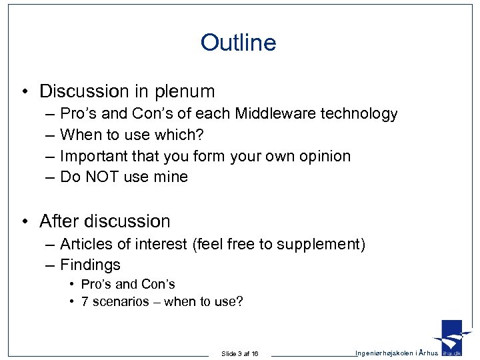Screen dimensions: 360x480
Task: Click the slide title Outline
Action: pyautogui.click(x=238, y=43)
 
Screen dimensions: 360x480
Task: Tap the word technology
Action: pyautogui.click(x=359, y=114)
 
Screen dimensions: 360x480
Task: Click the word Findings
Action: pyautogui.click(x=90, y=265)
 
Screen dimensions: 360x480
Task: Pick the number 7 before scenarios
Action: pyautogui.click(x=85, y=301)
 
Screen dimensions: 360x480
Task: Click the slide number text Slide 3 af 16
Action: pyautogui.click(x=240, y=353)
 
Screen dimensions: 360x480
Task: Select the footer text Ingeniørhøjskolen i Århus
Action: pyautogui.click(x=396, y=352)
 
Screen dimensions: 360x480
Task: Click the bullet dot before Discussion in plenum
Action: pyautogui.click(x=23, y=91)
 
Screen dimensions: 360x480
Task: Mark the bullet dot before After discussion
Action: pyautogui.click(x=23, y=221)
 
